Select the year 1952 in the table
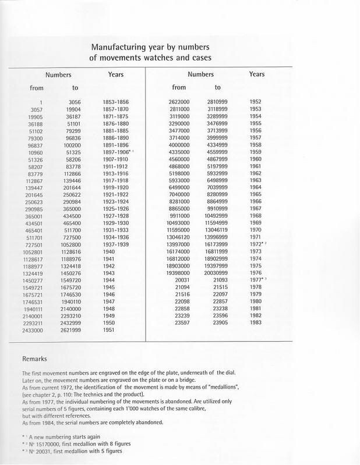point(255,102)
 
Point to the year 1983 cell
point(255,322)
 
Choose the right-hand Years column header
point(257,74)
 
